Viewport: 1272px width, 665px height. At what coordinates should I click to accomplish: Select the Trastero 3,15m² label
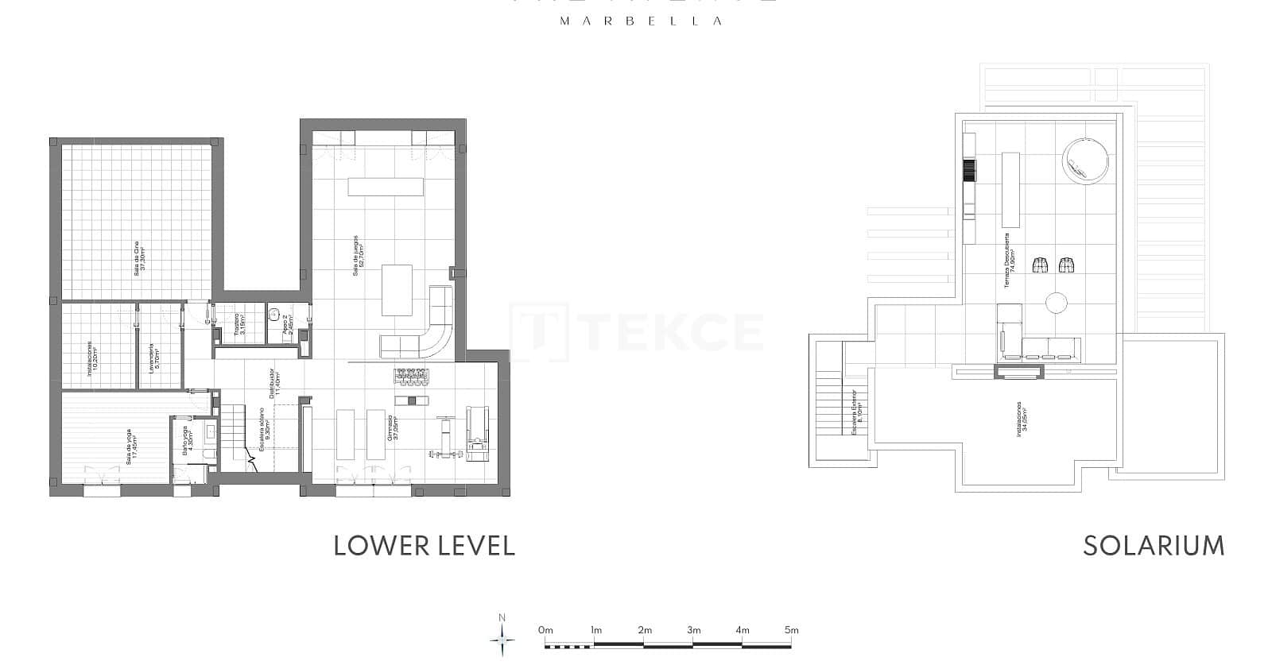tap(240, 322)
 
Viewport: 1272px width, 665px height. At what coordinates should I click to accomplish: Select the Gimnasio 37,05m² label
tap(392, 428)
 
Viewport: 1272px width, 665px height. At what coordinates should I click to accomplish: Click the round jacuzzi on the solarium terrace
tap(1085, 161)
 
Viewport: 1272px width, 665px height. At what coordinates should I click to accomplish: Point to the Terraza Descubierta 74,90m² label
tap(1009, 261)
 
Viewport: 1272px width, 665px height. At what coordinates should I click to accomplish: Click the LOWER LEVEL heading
tap(424, 546)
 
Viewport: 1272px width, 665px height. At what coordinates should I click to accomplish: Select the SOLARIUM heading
tap(1153, 546)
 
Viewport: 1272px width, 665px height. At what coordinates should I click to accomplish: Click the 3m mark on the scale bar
tap(693, 630)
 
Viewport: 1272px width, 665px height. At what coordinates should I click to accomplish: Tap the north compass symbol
tap(502, 637)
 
